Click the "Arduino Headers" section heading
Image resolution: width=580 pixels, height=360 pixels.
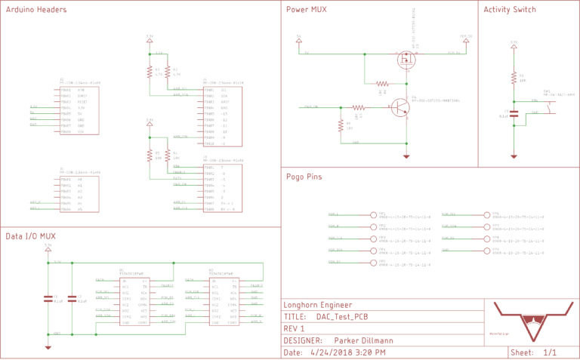point(35,10)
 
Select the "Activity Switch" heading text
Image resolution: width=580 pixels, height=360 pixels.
point(510,10)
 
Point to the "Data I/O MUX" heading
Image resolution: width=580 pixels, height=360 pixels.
point(32,236)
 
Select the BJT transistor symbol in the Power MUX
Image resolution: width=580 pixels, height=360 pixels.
point(400,107)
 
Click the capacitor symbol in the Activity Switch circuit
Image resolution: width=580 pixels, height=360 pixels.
point(514,114)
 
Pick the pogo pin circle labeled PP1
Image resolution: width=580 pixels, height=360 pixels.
point(374,215)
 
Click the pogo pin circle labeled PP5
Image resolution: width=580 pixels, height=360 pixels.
point(374,263)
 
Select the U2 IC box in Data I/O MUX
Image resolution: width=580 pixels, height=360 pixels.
point(224,301)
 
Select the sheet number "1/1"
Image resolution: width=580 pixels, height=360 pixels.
point(550,352)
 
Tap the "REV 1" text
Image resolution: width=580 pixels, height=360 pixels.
point(294,328)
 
